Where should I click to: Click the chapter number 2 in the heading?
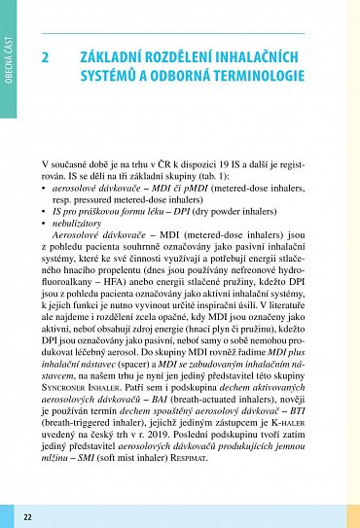tap(46, 57)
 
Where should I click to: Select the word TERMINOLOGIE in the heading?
tap(252, 77)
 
